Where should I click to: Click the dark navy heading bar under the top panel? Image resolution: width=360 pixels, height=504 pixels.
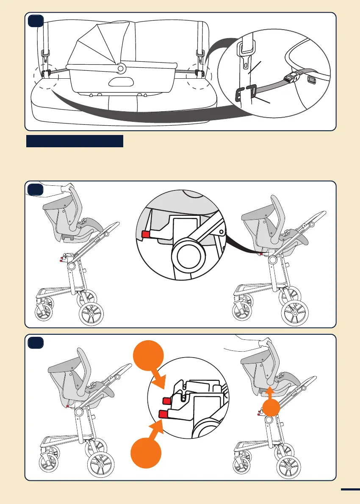tap(75, 141)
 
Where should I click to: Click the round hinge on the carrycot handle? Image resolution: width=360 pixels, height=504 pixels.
tap(121, 67)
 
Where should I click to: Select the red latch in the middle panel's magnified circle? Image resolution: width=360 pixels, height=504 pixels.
tap(147, 234)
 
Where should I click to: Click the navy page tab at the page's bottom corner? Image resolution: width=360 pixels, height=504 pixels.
tap(350, 490)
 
